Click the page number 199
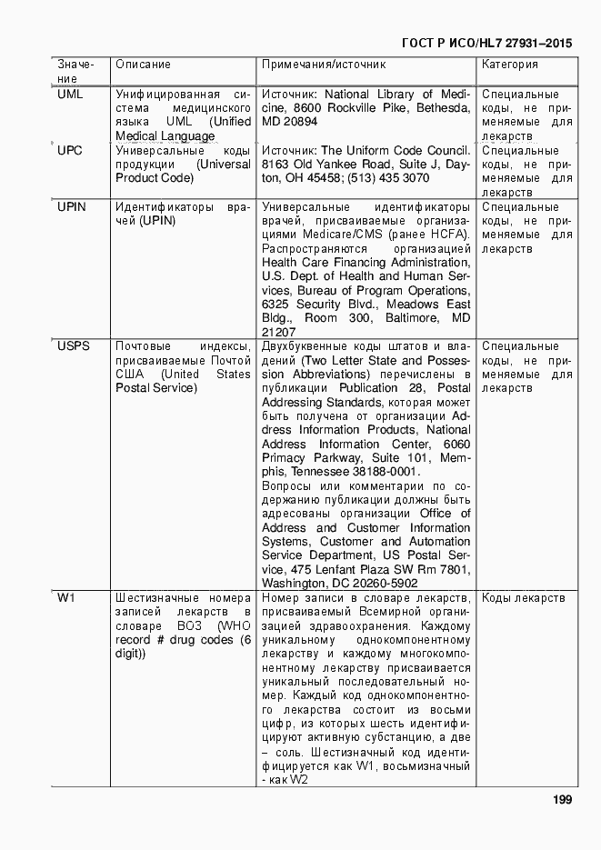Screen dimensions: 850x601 pos(561,799)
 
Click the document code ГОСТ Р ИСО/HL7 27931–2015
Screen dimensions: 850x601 pos(486,42)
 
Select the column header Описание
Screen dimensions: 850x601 pos(143,65)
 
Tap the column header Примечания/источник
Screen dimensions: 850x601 pos(324,65)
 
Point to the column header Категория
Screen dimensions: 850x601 pos(509,65)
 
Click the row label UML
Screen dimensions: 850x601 pos(70,94)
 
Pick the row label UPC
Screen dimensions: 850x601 pos(70,150)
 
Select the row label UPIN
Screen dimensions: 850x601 pos(72,206)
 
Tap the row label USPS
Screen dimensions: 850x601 pos(75,346)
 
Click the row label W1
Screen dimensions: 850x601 pos(66,597)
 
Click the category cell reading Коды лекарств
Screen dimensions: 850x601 pos(523,597)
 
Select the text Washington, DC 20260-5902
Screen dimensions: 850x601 pos(339,583)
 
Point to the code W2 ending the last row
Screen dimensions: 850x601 pos(298,780)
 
